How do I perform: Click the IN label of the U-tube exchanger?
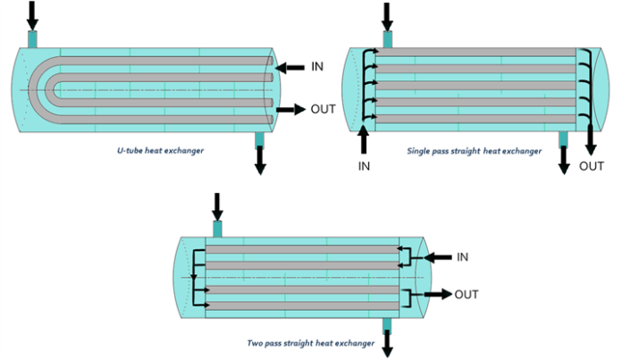[317, 67]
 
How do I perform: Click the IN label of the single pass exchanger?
[365, 166]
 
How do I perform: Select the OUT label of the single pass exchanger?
[592, 166]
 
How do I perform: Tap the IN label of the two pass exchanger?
[462, 257]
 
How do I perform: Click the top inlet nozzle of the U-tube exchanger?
[33, 39]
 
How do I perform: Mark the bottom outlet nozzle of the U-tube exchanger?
[260, 139]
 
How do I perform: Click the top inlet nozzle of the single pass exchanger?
[388, 39]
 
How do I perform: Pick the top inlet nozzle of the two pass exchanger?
[216, 229]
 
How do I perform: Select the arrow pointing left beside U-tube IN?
[290, 67]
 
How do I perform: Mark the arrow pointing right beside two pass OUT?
[437, 294]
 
